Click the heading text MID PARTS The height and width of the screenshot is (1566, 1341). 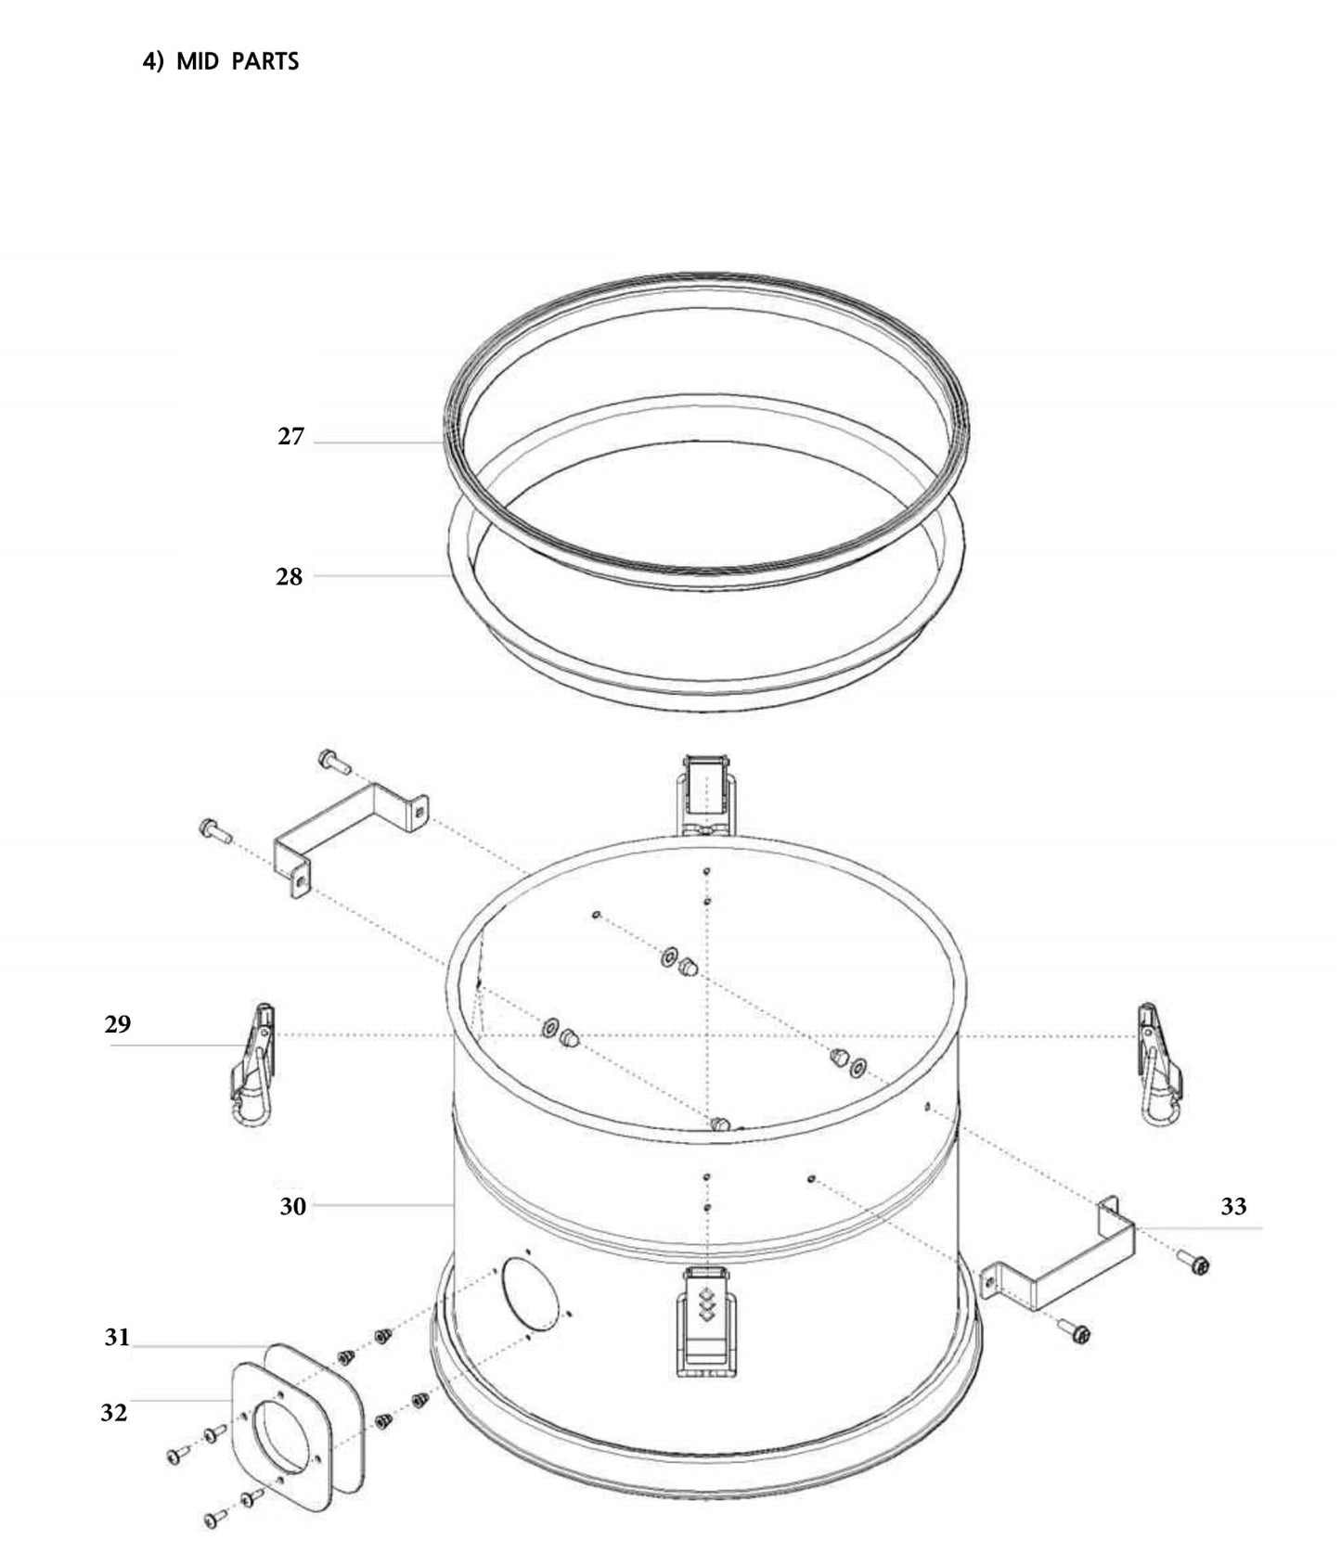(x=221, y=62)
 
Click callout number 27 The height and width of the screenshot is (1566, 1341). (x=290, y=437)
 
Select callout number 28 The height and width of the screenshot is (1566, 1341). (x=290, y=577)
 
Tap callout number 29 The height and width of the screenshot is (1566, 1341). (x=118, y=1025)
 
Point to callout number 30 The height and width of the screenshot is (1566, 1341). (x=293, y=1207)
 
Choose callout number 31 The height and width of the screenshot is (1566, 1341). (x=117, y=1338)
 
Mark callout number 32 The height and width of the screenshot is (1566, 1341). (x=114, y=1413)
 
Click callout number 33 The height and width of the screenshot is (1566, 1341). (x=1233, y=1207)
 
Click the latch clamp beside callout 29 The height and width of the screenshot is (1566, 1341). (x=252, y=1064)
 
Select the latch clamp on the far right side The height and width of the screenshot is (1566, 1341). (x=1160, y=1064)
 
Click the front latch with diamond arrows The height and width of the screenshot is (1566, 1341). (x=708, y=1319)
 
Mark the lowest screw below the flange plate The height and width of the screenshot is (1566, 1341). (x=213, y=1519)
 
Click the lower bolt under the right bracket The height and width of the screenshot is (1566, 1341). (x=1077, y=1333)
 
